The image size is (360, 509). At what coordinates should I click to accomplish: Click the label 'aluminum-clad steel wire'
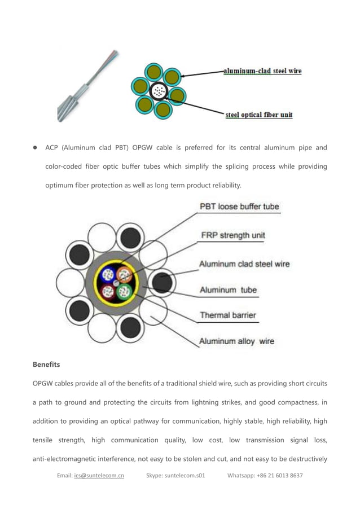point(262,71)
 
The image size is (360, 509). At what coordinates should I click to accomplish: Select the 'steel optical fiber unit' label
point(259,115)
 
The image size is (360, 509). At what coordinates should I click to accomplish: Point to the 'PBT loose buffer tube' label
point(239,207)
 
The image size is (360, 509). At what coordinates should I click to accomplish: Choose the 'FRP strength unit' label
point(233,235)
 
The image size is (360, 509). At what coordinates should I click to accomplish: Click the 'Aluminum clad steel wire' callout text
point(244,264)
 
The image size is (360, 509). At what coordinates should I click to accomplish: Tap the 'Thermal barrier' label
point(228,315)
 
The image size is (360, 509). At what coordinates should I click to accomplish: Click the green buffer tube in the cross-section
point(124,292)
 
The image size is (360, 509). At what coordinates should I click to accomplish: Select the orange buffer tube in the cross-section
point(124,275)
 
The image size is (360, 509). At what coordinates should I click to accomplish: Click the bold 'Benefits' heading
point(46,365)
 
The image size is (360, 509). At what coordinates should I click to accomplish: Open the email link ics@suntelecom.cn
point(99,475)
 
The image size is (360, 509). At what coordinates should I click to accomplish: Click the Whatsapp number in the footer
point(265,475)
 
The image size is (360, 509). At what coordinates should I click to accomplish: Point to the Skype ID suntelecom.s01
point(175,475)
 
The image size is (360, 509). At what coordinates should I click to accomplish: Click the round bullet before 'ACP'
point(34,148)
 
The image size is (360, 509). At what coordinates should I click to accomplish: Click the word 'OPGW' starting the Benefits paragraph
point(43,383)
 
